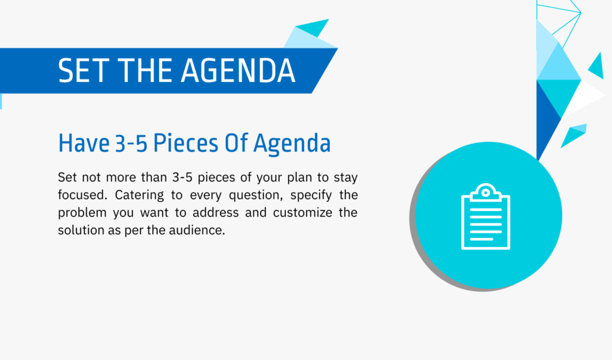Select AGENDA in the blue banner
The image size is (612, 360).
238,71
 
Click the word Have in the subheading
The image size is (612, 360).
84,143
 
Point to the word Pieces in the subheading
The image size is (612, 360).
186,143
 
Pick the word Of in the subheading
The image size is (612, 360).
236,143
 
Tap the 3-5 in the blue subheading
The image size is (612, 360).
131,143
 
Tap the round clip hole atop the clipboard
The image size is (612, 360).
485,193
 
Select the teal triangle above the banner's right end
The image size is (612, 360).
313,28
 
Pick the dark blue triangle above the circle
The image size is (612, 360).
546,117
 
